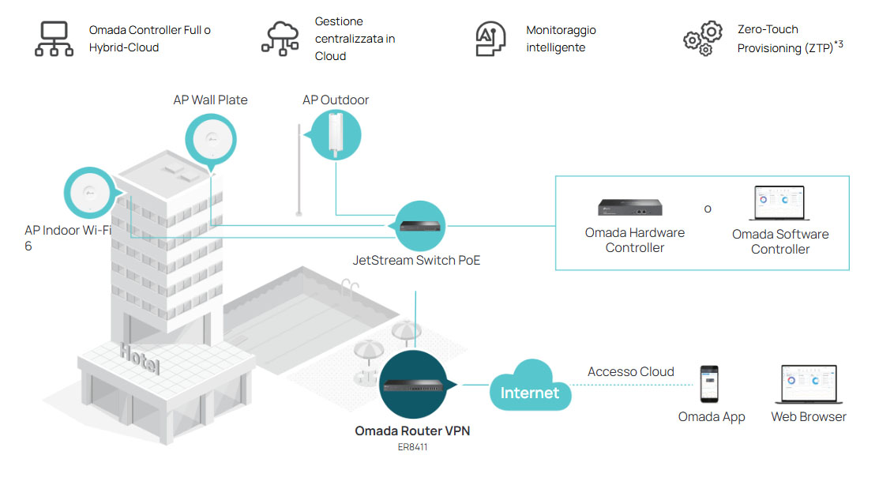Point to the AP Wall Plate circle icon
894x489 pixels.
[x=211, y=140]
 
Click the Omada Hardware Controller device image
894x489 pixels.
[x=629, y=207]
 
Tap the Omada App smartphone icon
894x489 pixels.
[x=710, y=386]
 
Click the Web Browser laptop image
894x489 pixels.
[x=808, y=386]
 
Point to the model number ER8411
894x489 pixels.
[x=413, y=447]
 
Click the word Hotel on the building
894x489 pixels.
[x=140, y=359]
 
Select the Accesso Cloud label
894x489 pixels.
[x=631, y=371]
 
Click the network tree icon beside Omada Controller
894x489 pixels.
[x=54, y=39]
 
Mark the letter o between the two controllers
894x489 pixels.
[x=708, y=209]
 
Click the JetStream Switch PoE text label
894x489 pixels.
[x=416, y=260]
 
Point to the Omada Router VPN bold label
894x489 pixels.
[x=412, y=431]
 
